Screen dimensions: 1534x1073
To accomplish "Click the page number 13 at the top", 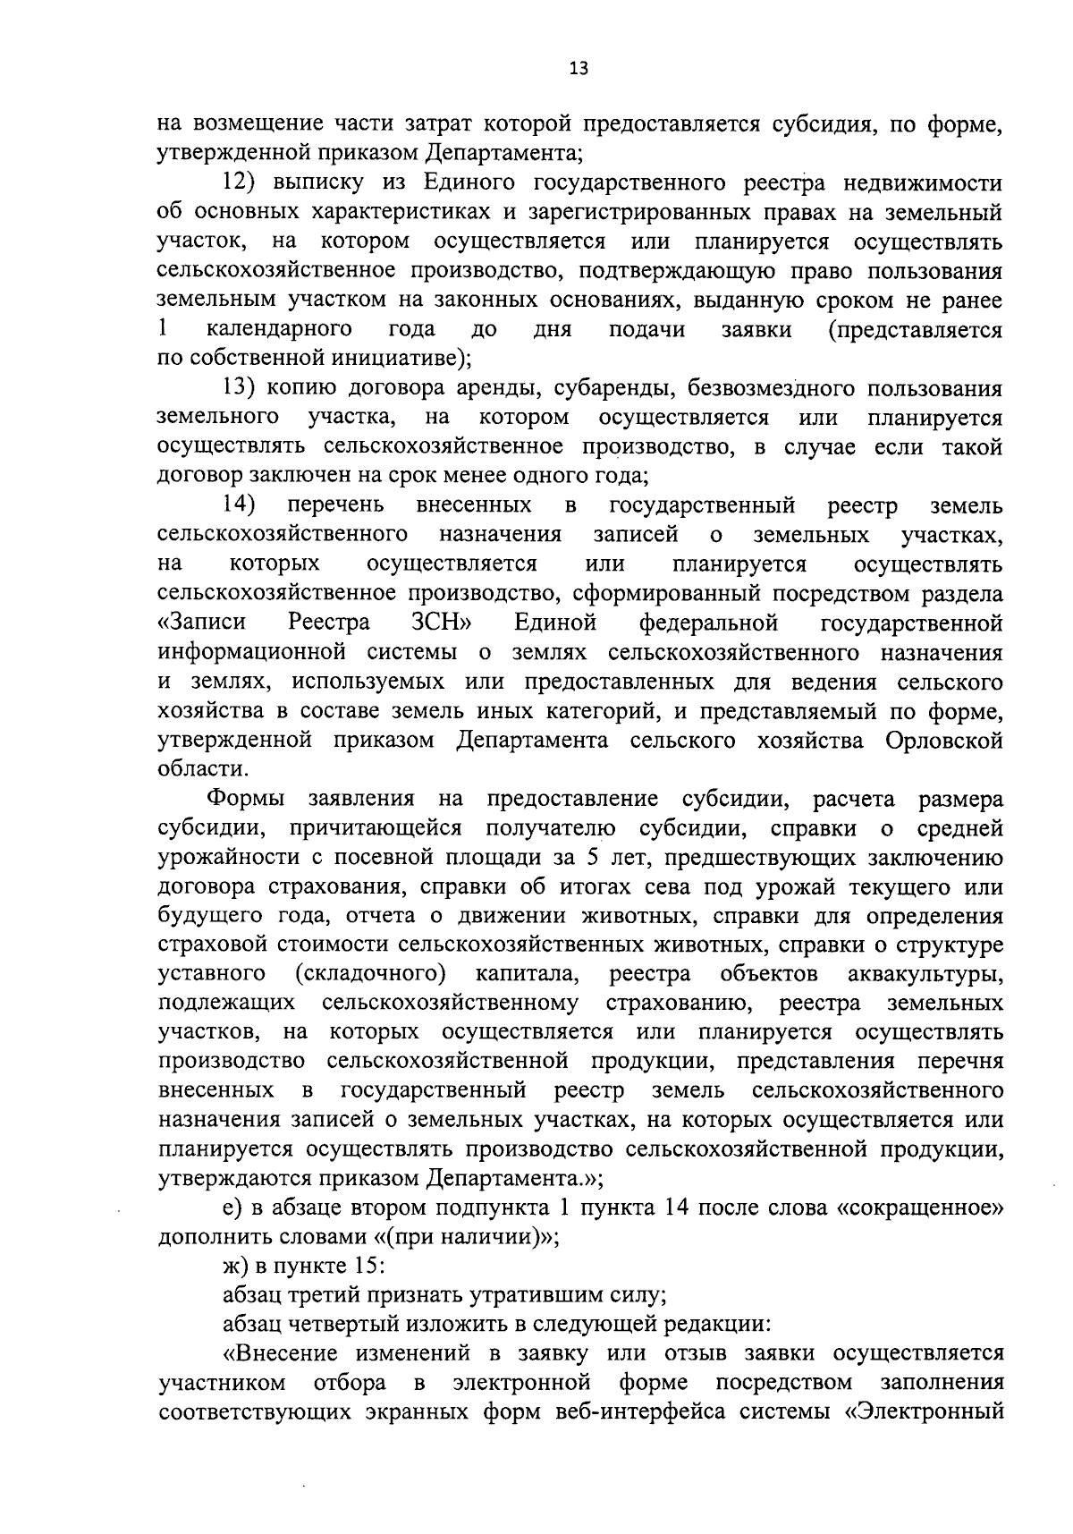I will pos(579,69).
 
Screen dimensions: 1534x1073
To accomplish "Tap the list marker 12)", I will pos(240,184).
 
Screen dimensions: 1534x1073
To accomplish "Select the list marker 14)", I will pos(240,505).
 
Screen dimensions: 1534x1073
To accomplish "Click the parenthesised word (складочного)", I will pos(370,973).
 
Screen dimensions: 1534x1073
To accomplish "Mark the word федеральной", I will pos(708,623).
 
